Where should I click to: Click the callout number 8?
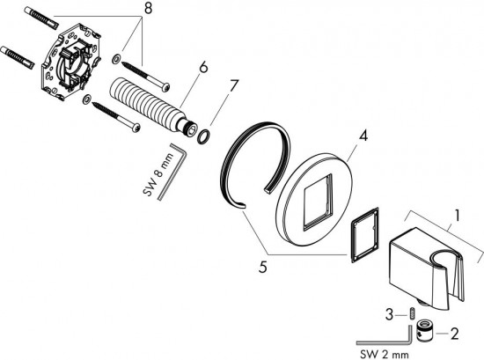(148, 9)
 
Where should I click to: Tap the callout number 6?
(203, 67)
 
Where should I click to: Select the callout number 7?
(234, 85)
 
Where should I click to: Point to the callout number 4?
(364, 136)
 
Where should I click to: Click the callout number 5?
(263, 267)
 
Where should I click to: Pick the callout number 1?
(457, 216)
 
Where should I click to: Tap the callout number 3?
(389, 315)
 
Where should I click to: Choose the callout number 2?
(454, 334)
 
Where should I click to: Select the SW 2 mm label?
(385, 354)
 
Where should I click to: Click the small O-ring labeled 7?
(203, 136)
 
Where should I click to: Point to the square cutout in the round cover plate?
(319, 202)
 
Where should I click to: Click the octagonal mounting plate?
(70, 62)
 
